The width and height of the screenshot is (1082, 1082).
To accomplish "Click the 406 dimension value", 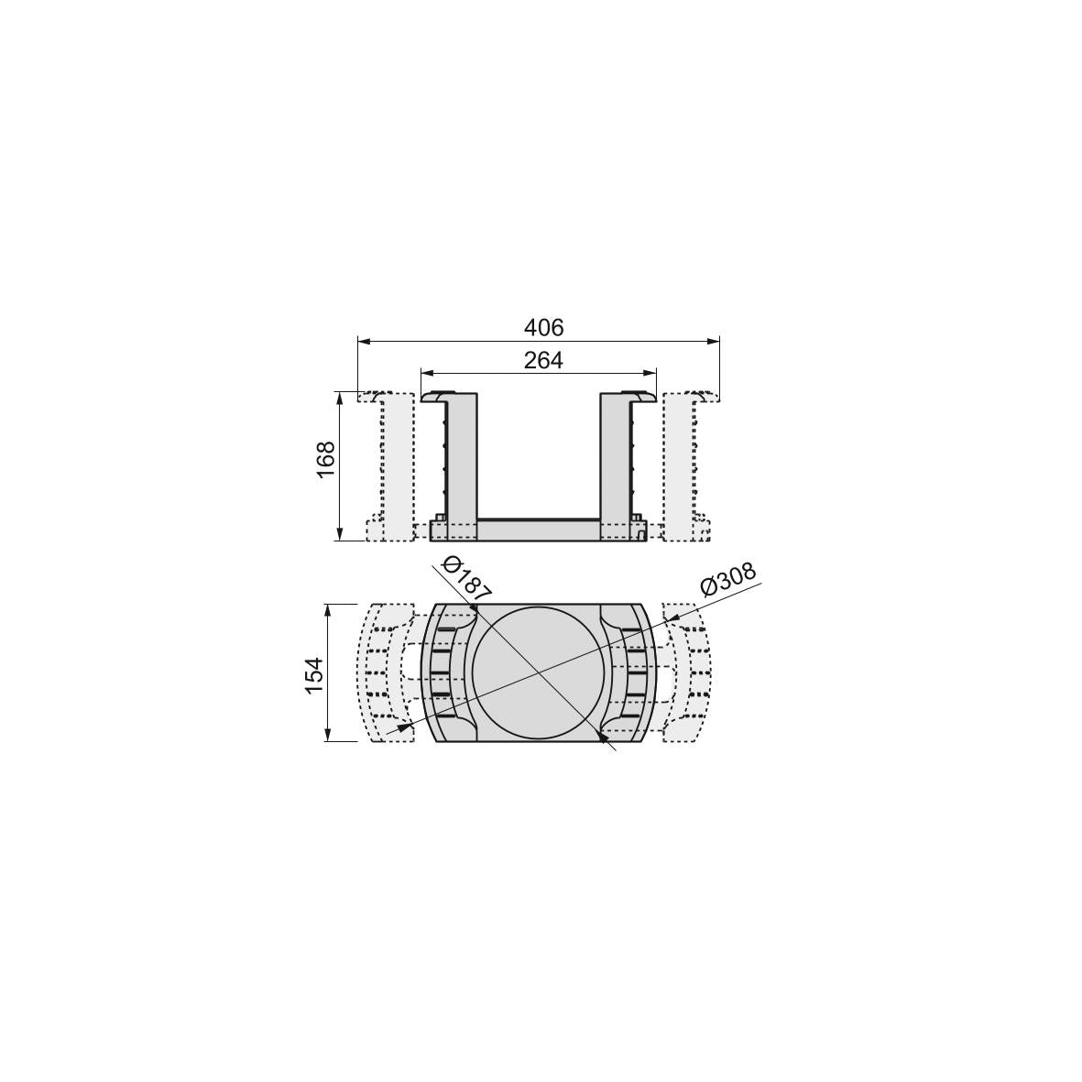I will (x=543, y=327).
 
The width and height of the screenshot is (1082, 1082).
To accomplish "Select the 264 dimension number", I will (x=543, y=360).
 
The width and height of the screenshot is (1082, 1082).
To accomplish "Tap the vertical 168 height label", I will (x=326, y=460).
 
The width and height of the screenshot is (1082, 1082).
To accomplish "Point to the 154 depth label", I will (x=314, y=675).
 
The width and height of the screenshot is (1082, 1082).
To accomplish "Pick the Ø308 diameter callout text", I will (x=728, y=580).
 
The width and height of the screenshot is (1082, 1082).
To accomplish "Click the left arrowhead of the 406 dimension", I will (x=363, y=341).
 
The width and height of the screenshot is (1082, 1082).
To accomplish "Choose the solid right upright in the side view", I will (x=615, y=454).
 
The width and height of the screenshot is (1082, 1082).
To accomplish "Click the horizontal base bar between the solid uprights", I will (x=538, y=530).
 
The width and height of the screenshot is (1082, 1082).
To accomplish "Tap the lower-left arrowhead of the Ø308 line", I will (x=403, y=727).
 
